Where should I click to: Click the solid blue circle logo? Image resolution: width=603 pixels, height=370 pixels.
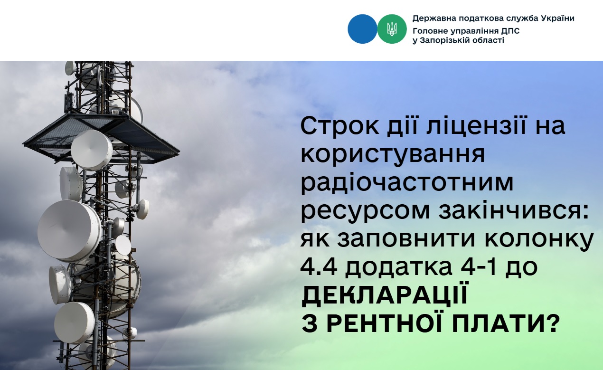pos(362,29)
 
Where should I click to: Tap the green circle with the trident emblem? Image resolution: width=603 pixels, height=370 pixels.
pos(392,29)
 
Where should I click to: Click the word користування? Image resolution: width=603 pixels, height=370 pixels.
pos(393,156)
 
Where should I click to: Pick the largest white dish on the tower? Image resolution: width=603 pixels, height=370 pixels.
pos(69,231)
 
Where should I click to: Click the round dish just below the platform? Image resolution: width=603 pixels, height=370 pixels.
pos(92,150)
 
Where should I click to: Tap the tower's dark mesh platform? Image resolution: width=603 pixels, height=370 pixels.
pos(101,137)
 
